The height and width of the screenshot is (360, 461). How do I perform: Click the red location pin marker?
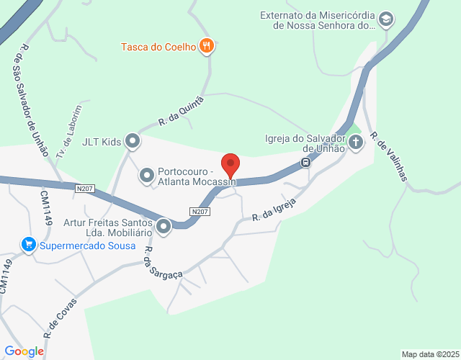pyautogui.click(x=230, y=165)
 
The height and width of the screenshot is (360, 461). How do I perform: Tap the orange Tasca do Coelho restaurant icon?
pyautogui.click(x=207, y=47)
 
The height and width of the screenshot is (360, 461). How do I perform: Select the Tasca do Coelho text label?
pyautogui.click(x=158, y=48)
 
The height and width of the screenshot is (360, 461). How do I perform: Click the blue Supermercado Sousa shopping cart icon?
pyautogui.click(x=29, y=246)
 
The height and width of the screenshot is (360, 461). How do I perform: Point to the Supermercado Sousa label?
pyautogui.click(x=88, y=246)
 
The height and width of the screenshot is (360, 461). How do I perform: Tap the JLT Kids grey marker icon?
pyautogui.click(x=133, y=141)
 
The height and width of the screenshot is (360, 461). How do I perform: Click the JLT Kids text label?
pyautogui.click(x=102, y=141)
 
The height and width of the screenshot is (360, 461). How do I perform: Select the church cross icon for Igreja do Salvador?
pyautogui.click(x=355, y=142)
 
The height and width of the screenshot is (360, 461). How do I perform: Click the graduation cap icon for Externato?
pyautogui.click(x=386, y=19)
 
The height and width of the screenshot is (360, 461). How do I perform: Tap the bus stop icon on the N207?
pyautogui.click(x=306, y=162)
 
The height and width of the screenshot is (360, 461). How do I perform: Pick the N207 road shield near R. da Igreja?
pyautogui.click(x=200, y=212)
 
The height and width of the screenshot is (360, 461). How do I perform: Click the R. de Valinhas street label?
pyautogui.click(x=388, y=156)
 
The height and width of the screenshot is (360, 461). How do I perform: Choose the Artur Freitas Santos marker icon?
pyautogui.click(x=164, y=228)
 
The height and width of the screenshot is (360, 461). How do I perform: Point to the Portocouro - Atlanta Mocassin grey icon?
pyautogui.click(x=146, y=175)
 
